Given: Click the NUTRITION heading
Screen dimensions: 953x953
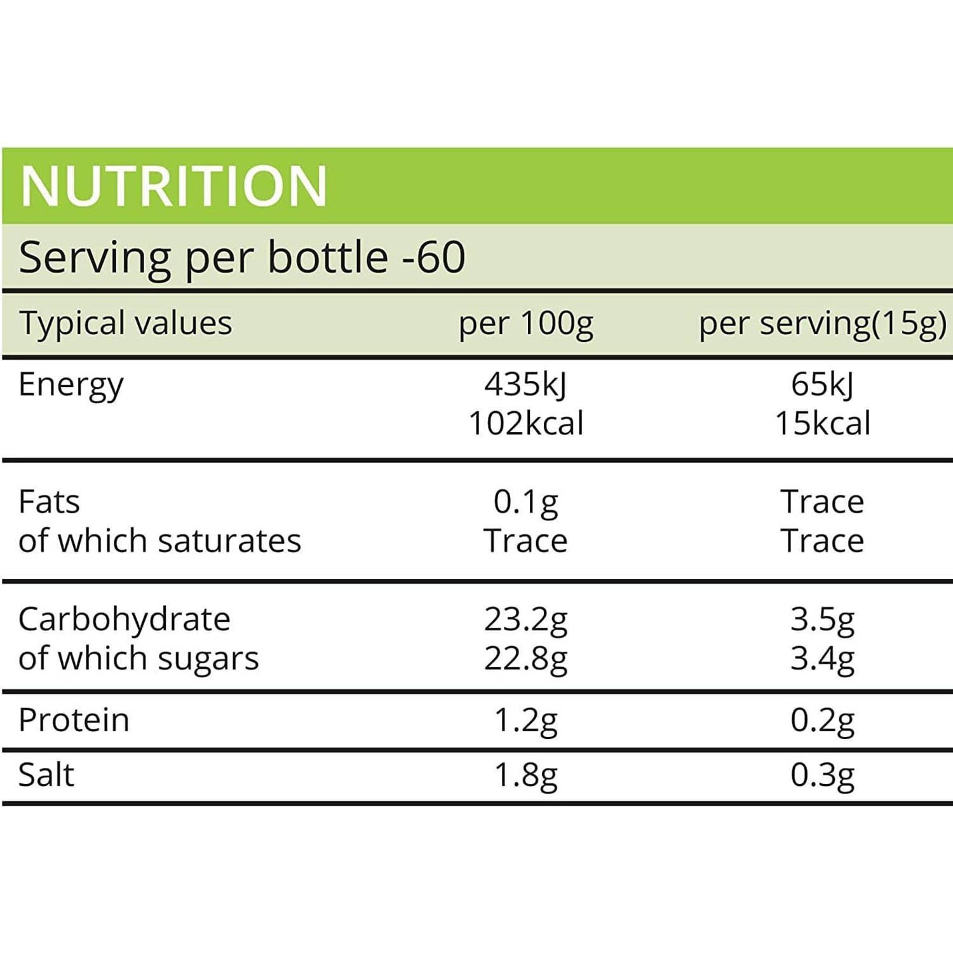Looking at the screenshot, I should point(173,186).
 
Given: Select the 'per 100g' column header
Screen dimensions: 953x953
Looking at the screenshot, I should point(526,324).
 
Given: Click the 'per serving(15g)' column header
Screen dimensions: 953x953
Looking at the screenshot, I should point(823,324).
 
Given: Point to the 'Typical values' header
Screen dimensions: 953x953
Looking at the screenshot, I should point(125,324).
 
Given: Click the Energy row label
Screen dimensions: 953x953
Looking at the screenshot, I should point(71,386).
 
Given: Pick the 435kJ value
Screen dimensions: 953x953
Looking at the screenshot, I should point(526,384).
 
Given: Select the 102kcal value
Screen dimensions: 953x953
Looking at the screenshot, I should point(526,424).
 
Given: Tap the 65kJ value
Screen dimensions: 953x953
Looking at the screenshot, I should point(823,384).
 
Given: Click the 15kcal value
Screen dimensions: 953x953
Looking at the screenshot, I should point(823,424).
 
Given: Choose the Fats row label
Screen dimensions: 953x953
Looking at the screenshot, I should point(49,502).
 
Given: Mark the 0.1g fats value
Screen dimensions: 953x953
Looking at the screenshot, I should point(526,502).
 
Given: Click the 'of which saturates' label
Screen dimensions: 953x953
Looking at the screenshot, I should point(159,541).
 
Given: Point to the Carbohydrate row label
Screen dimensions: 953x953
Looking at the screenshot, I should point(124,619).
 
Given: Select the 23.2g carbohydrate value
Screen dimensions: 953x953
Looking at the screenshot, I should point(526,619).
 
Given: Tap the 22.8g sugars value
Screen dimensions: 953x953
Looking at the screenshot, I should point(526,659).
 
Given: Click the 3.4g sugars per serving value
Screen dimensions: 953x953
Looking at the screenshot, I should point(823,659).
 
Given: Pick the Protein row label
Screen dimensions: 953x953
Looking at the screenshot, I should point(74,720).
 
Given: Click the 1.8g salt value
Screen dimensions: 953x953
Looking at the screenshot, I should point(526,776).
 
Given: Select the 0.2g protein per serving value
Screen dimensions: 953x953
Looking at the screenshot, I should point(823,720).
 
